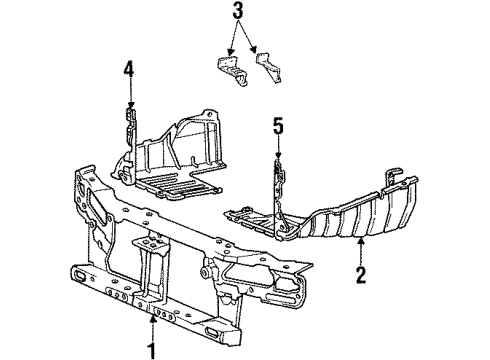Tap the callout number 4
(128, 70)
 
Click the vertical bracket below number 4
(129, 129)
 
